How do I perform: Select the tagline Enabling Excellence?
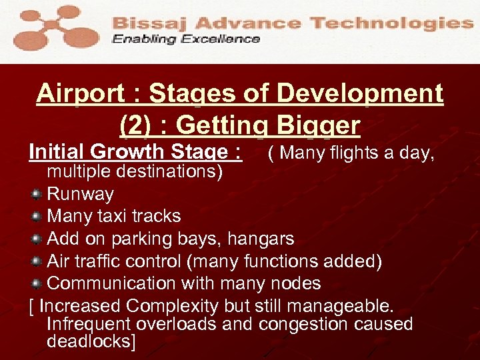186,39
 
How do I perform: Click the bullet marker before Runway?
37,195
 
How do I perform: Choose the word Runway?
80,195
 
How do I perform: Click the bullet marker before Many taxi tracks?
37,217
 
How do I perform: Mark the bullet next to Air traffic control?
37,261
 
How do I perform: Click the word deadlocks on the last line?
91,342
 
